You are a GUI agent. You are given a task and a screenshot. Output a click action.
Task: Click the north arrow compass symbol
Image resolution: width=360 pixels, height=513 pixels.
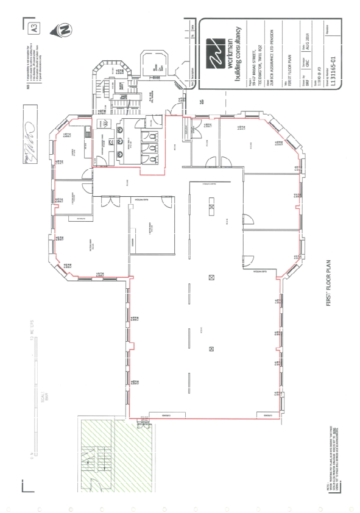(x=63, y=29)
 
